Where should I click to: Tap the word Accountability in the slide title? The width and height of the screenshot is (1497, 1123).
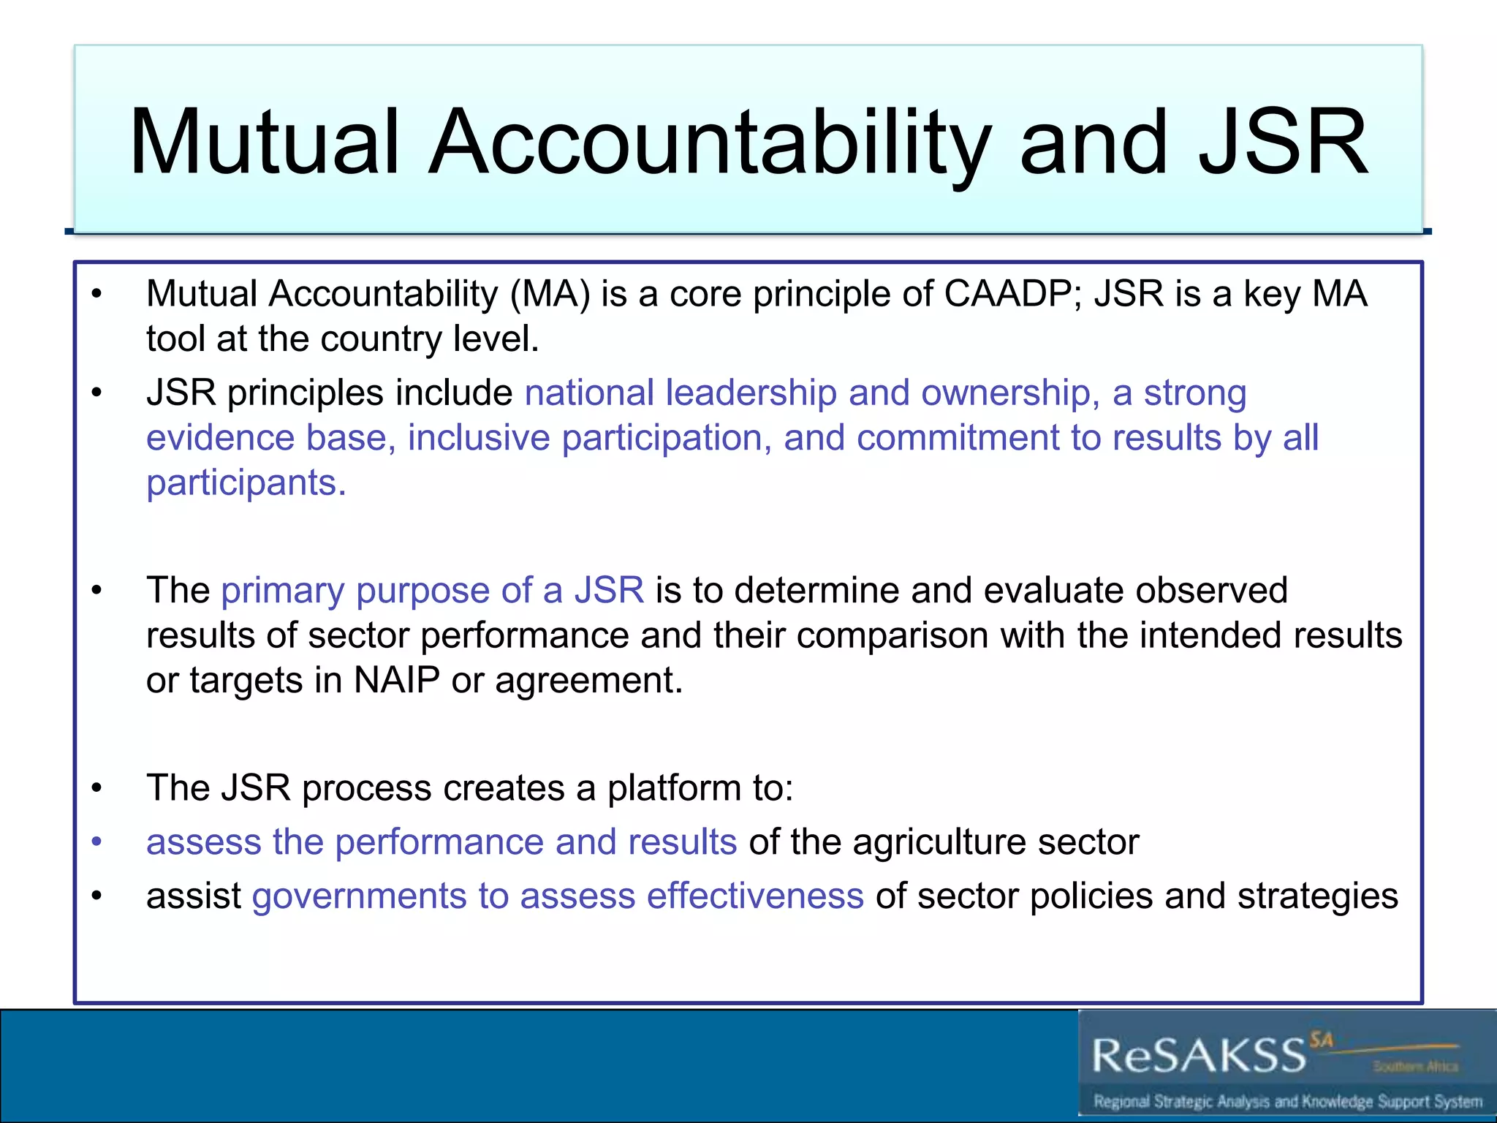709,142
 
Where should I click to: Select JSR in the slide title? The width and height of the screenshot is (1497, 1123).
1283,142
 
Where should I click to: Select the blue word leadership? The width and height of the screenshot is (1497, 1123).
751,393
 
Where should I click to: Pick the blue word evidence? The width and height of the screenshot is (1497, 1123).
219,438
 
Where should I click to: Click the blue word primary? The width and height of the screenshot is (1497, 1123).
282,591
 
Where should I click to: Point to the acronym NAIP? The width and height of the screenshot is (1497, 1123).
396,681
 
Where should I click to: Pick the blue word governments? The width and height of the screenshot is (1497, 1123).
359,896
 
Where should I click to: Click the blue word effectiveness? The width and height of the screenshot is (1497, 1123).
755,896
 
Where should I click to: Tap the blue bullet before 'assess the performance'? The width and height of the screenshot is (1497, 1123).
96,842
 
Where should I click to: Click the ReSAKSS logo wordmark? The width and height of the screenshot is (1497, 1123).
1199,1055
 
